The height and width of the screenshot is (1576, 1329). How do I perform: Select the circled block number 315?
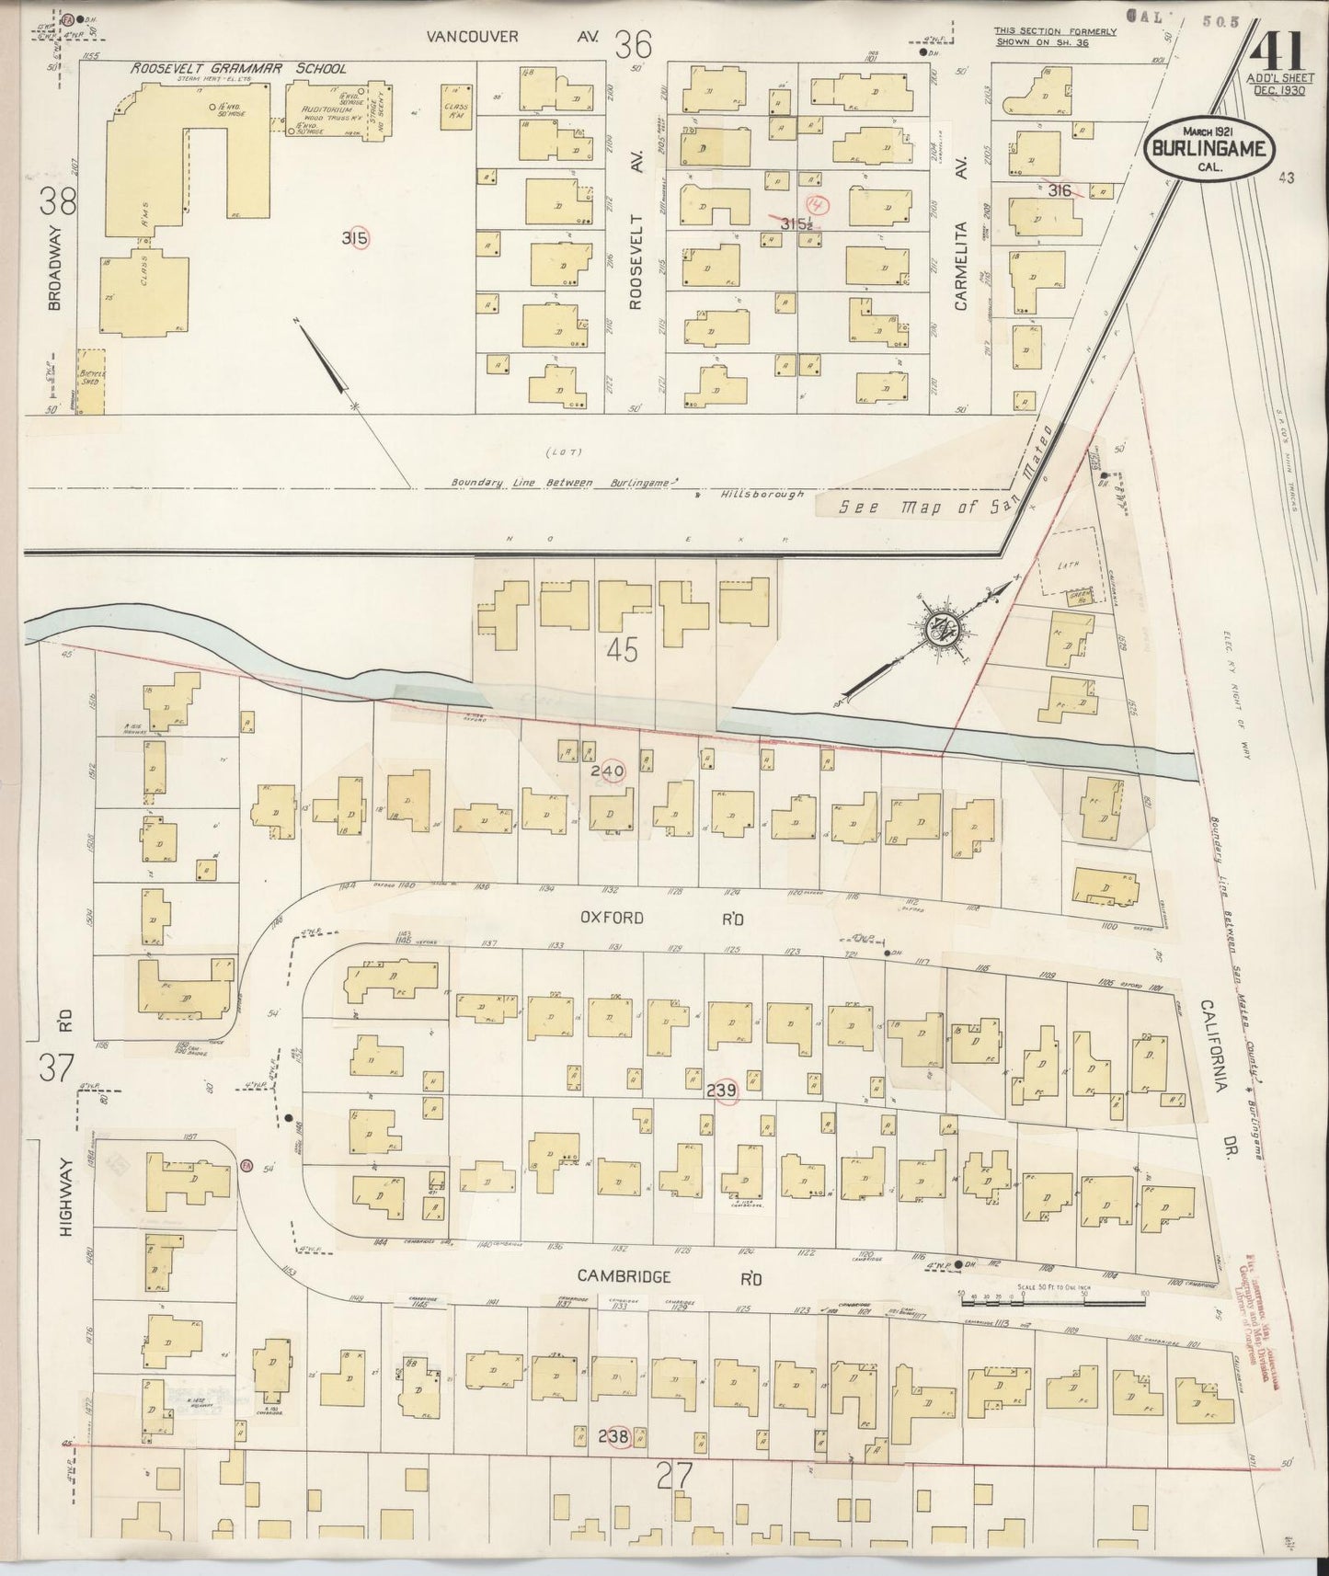(x=355, y=239)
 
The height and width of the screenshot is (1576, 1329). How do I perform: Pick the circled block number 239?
(x=723, y=1090)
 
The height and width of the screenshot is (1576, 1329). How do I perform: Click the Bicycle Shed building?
(x=89, y=380)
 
